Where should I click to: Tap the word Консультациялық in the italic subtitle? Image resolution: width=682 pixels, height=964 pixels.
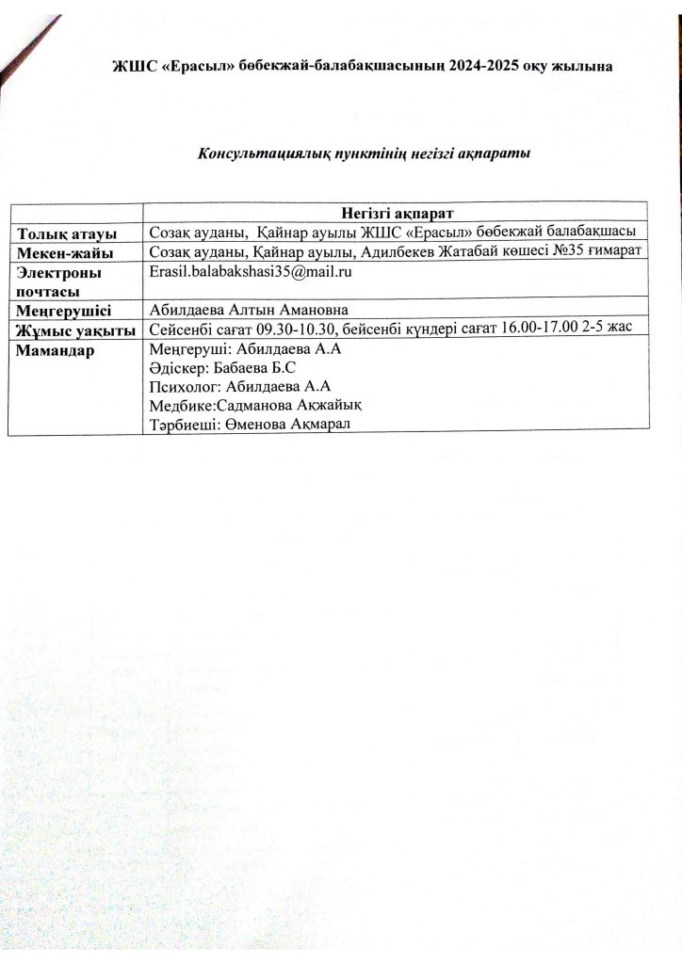point(254,153)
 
